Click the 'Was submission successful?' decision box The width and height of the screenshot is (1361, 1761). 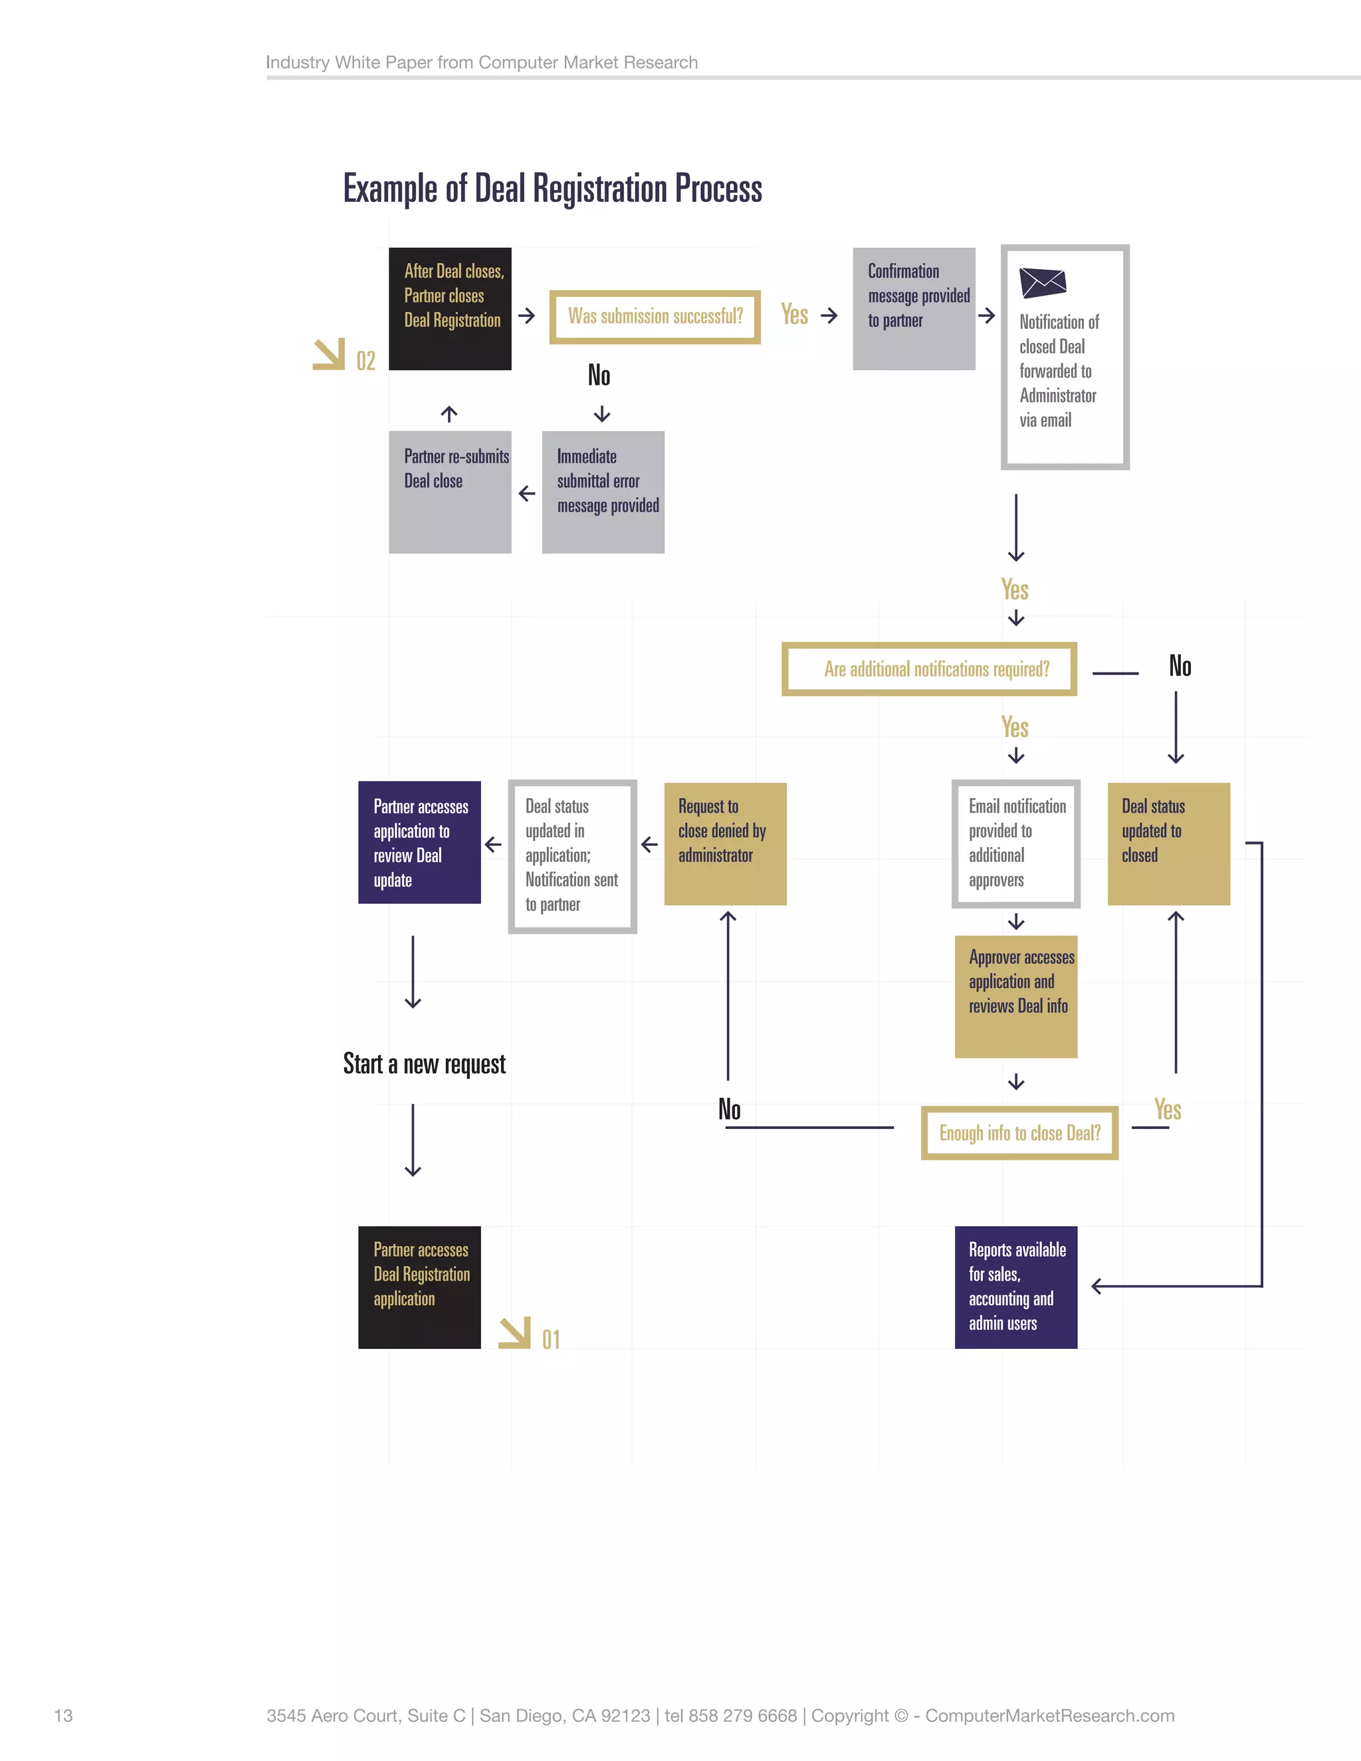point(655,317)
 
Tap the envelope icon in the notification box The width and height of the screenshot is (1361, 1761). point(1043,283)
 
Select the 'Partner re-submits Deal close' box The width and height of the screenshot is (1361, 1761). point(450,492)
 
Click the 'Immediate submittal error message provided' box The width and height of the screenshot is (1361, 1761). point(603,492)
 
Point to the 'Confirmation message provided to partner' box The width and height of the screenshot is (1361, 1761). point(914,309)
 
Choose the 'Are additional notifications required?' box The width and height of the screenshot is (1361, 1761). point(929,669)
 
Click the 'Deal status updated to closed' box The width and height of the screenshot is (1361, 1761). point(1168,843)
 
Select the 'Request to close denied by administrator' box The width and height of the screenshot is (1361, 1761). point(725,843)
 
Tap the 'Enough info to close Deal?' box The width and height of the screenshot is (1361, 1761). point(1019,1133)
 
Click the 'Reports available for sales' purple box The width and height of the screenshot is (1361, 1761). point(1016,1287)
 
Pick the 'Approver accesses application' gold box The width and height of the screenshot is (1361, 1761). point(1016,997)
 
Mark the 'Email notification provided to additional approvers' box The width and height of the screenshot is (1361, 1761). point(1016,843)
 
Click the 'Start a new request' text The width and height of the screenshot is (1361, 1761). point(424,1065)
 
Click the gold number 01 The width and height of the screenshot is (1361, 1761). point(551,1339)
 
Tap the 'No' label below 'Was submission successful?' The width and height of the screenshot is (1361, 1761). point(599,375)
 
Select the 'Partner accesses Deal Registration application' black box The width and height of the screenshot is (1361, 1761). point(419,1287)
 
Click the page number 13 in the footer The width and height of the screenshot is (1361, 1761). point(63,1715)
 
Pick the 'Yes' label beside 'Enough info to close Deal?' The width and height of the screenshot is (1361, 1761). point(1168,1110)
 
